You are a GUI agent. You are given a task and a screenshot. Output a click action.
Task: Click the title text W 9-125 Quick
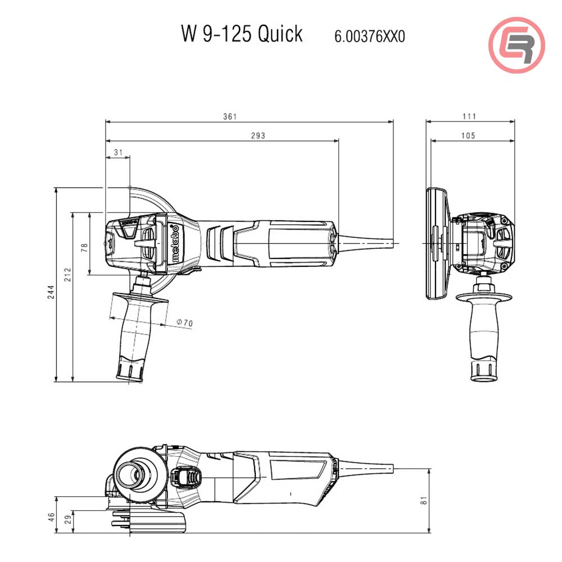pyautogui.click(x=242, y=34)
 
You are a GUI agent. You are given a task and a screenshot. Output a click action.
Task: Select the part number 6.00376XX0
pyautogui.click(x=369, y=37)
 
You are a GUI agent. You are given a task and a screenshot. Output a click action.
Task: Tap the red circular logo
pyautogui.click(x=516, y=45)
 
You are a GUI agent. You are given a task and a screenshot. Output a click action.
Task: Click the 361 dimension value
pyautogui.click(x=230, y=116)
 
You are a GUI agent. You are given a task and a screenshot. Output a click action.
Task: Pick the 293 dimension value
pyautogui.click(x=242, y=135)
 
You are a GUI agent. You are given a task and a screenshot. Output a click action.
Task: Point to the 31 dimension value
pyautogui.click(x=118, y=152)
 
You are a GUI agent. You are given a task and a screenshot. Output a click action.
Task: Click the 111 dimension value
pyautogui.click(x=470, y=116)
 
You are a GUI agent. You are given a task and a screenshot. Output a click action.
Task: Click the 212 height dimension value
pyautogui.click(x=68, y=274)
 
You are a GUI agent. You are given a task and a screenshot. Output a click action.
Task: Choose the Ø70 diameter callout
pyautogui.click(x=184, y=323)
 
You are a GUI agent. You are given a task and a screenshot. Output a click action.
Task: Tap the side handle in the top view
pyautogui.click(x=134, y=332)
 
